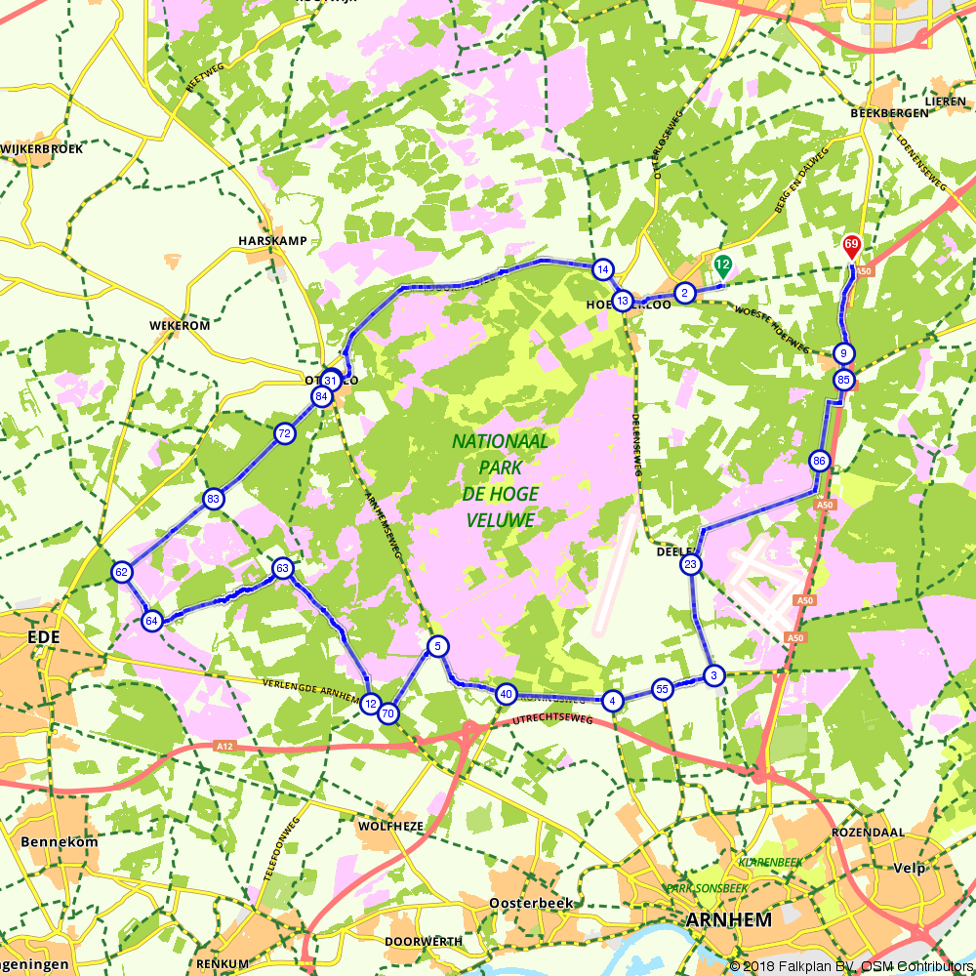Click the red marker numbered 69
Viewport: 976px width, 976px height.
click(851, 245)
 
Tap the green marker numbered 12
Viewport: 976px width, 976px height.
click(722, 264)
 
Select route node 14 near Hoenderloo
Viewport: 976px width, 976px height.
click(603, 269)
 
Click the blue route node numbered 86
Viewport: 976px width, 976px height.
click(819, 461)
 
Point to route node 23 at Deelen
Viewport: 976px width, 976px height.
click(690, 565)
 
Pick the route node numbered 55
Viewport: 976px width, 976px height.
click(662, 689)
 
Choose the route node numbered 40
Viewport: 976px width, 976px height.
click(506, 694)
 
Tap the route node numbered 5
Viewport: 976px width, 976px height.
click(437, 645)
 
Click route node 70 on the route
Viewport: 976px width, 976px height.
click(388, 713)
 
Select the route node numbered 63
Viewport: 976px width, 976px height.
click(282, 568)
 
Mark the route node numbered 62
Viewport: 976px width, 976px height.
click(122, 573)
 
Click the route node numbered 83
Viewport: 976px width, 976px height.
click(213, 500)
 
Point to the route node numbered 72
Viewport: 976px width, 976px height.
click(284, 433)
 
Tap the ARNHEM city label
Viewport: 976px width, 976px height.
click(730, 919)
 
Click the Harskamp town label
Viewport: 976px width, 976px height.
click(272, 240)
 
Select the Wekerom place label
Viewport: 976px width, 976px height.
click(180, 325)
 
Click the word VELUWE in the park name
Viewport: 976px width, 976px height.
click(500, 521)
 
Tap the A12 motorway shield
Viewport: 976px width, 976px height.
click(225, 746)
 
